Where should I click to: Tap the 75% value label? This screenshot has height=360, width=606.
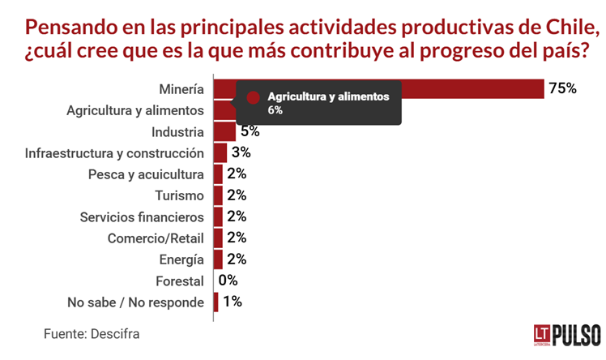coord(561,88)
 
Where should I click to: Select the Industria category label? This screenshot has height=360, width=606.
coord(178,131)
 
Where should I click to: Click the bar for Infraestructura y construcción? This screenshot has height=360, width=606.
coord(220,152)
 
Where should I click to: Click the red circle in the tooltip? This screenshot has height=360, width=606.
coord(254,96)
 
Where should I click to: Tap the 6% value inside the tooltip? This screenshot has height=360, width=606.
coord(275,109)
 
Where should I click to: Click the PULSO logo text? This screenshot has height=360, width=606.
coord(576,333)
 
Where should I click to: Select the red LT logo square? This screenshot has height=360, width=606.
coord(541,333)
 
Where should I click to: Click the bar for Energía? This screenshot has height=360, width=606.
coord(218,259)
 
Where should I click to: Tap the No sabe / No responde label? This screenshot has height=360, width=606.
coord(135,302)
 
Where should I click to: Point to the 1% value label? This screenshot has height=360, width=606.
coord(232,302)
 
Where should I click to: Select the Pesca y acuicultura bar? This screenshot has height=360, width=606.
coord(218,174)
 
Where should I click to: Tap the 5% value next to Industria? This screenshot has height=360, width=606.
coord(250,131)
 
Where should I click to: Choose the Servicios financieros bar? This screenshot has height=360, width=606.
coord(218,216)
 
